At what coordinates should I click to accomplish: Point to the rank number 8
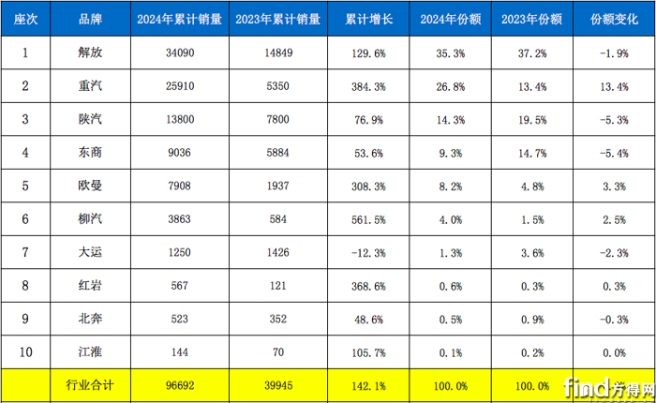(x=25, y=284)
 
